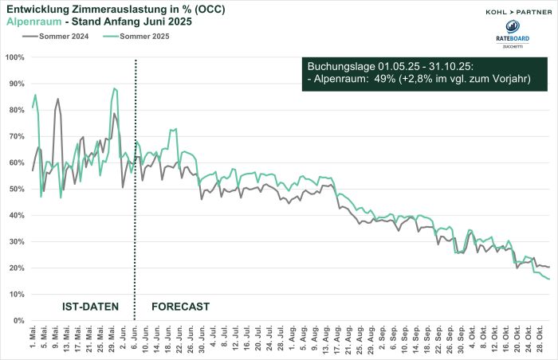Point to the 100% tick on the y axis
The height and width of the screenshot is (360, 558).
point(15,57)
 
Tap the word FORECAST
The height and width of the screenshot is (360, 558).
point(180,306)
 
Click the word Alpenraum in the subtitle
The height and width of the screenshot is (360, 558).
point(33,22)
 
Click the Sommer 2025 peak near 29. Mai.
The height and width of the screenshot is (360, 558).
point(115,88)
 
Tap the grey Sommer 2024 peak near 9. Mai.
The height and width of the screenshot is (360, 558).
point(57,99)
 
